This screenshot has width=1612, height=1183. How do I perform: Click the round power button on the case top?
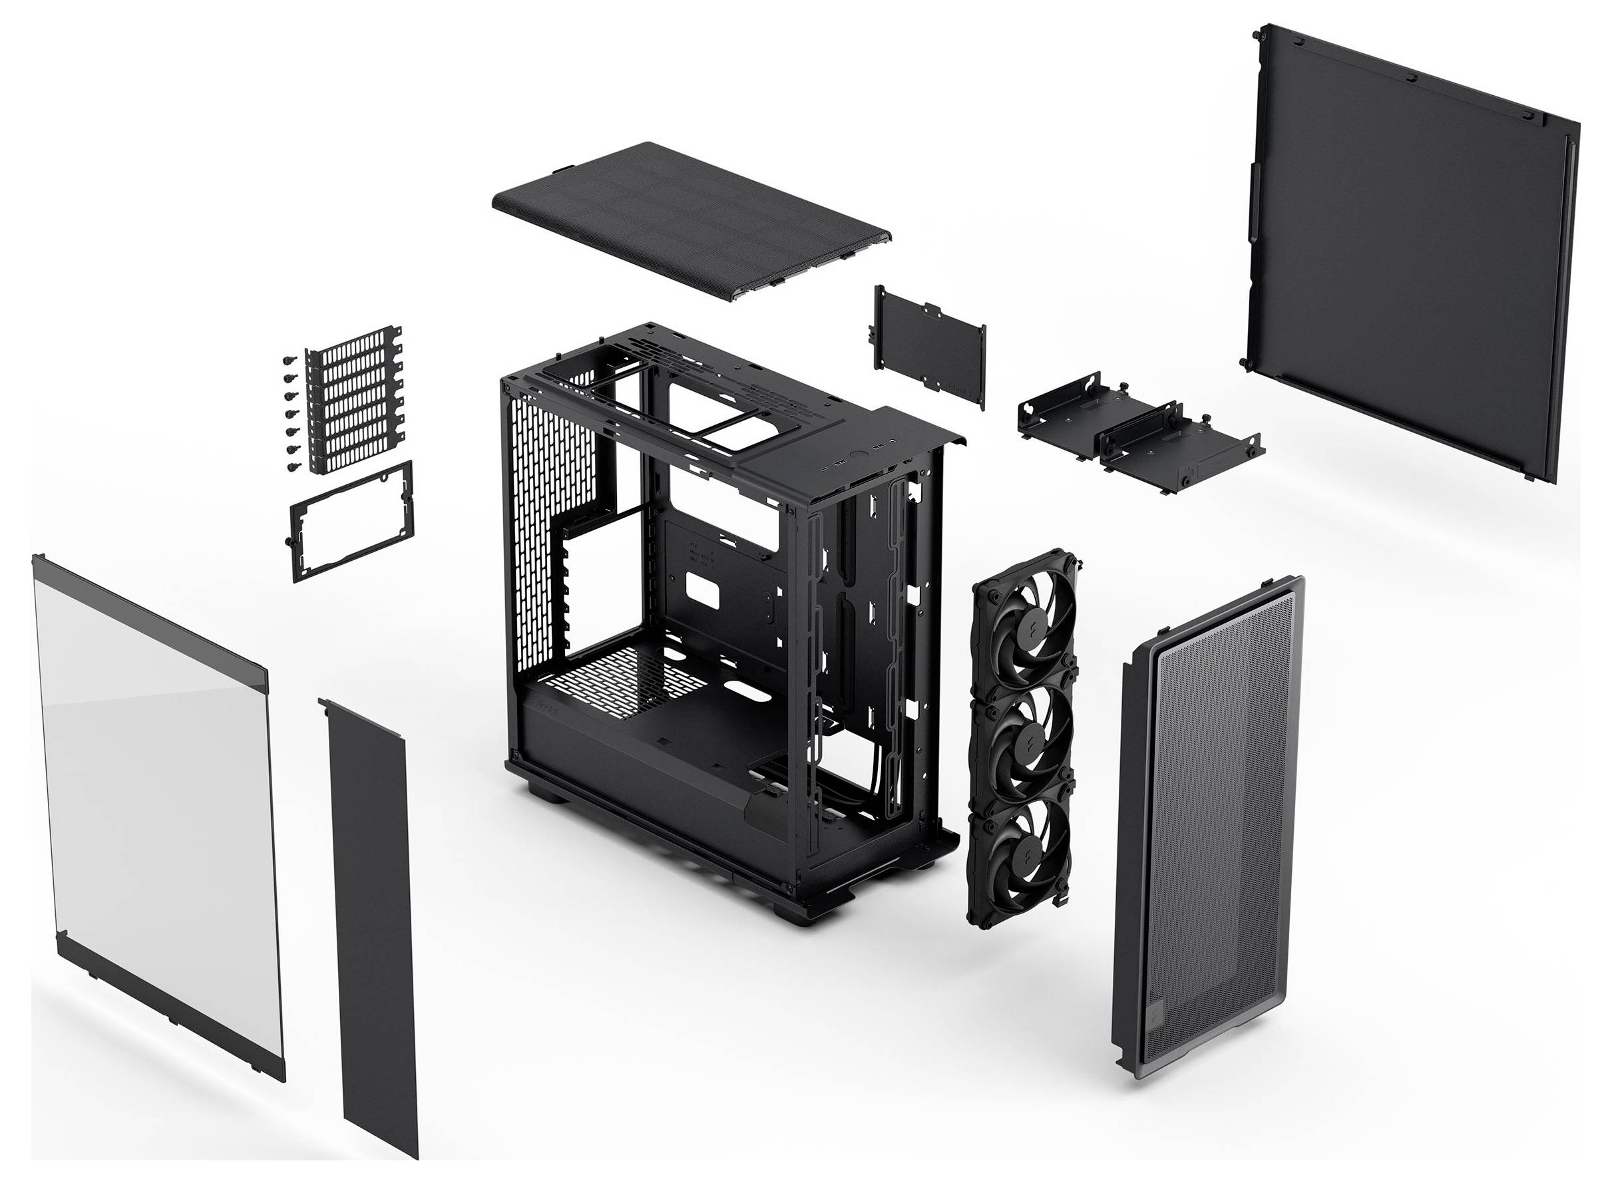tap(858, 454)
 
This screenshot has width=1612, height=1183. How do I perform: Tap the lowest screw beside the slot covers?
tap(292, 468)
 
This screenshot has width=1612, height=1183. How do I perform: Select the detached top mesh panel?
tap(691, 219)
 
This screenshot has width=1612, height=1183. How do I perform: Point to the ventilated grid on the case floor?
tap(623, 680)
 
